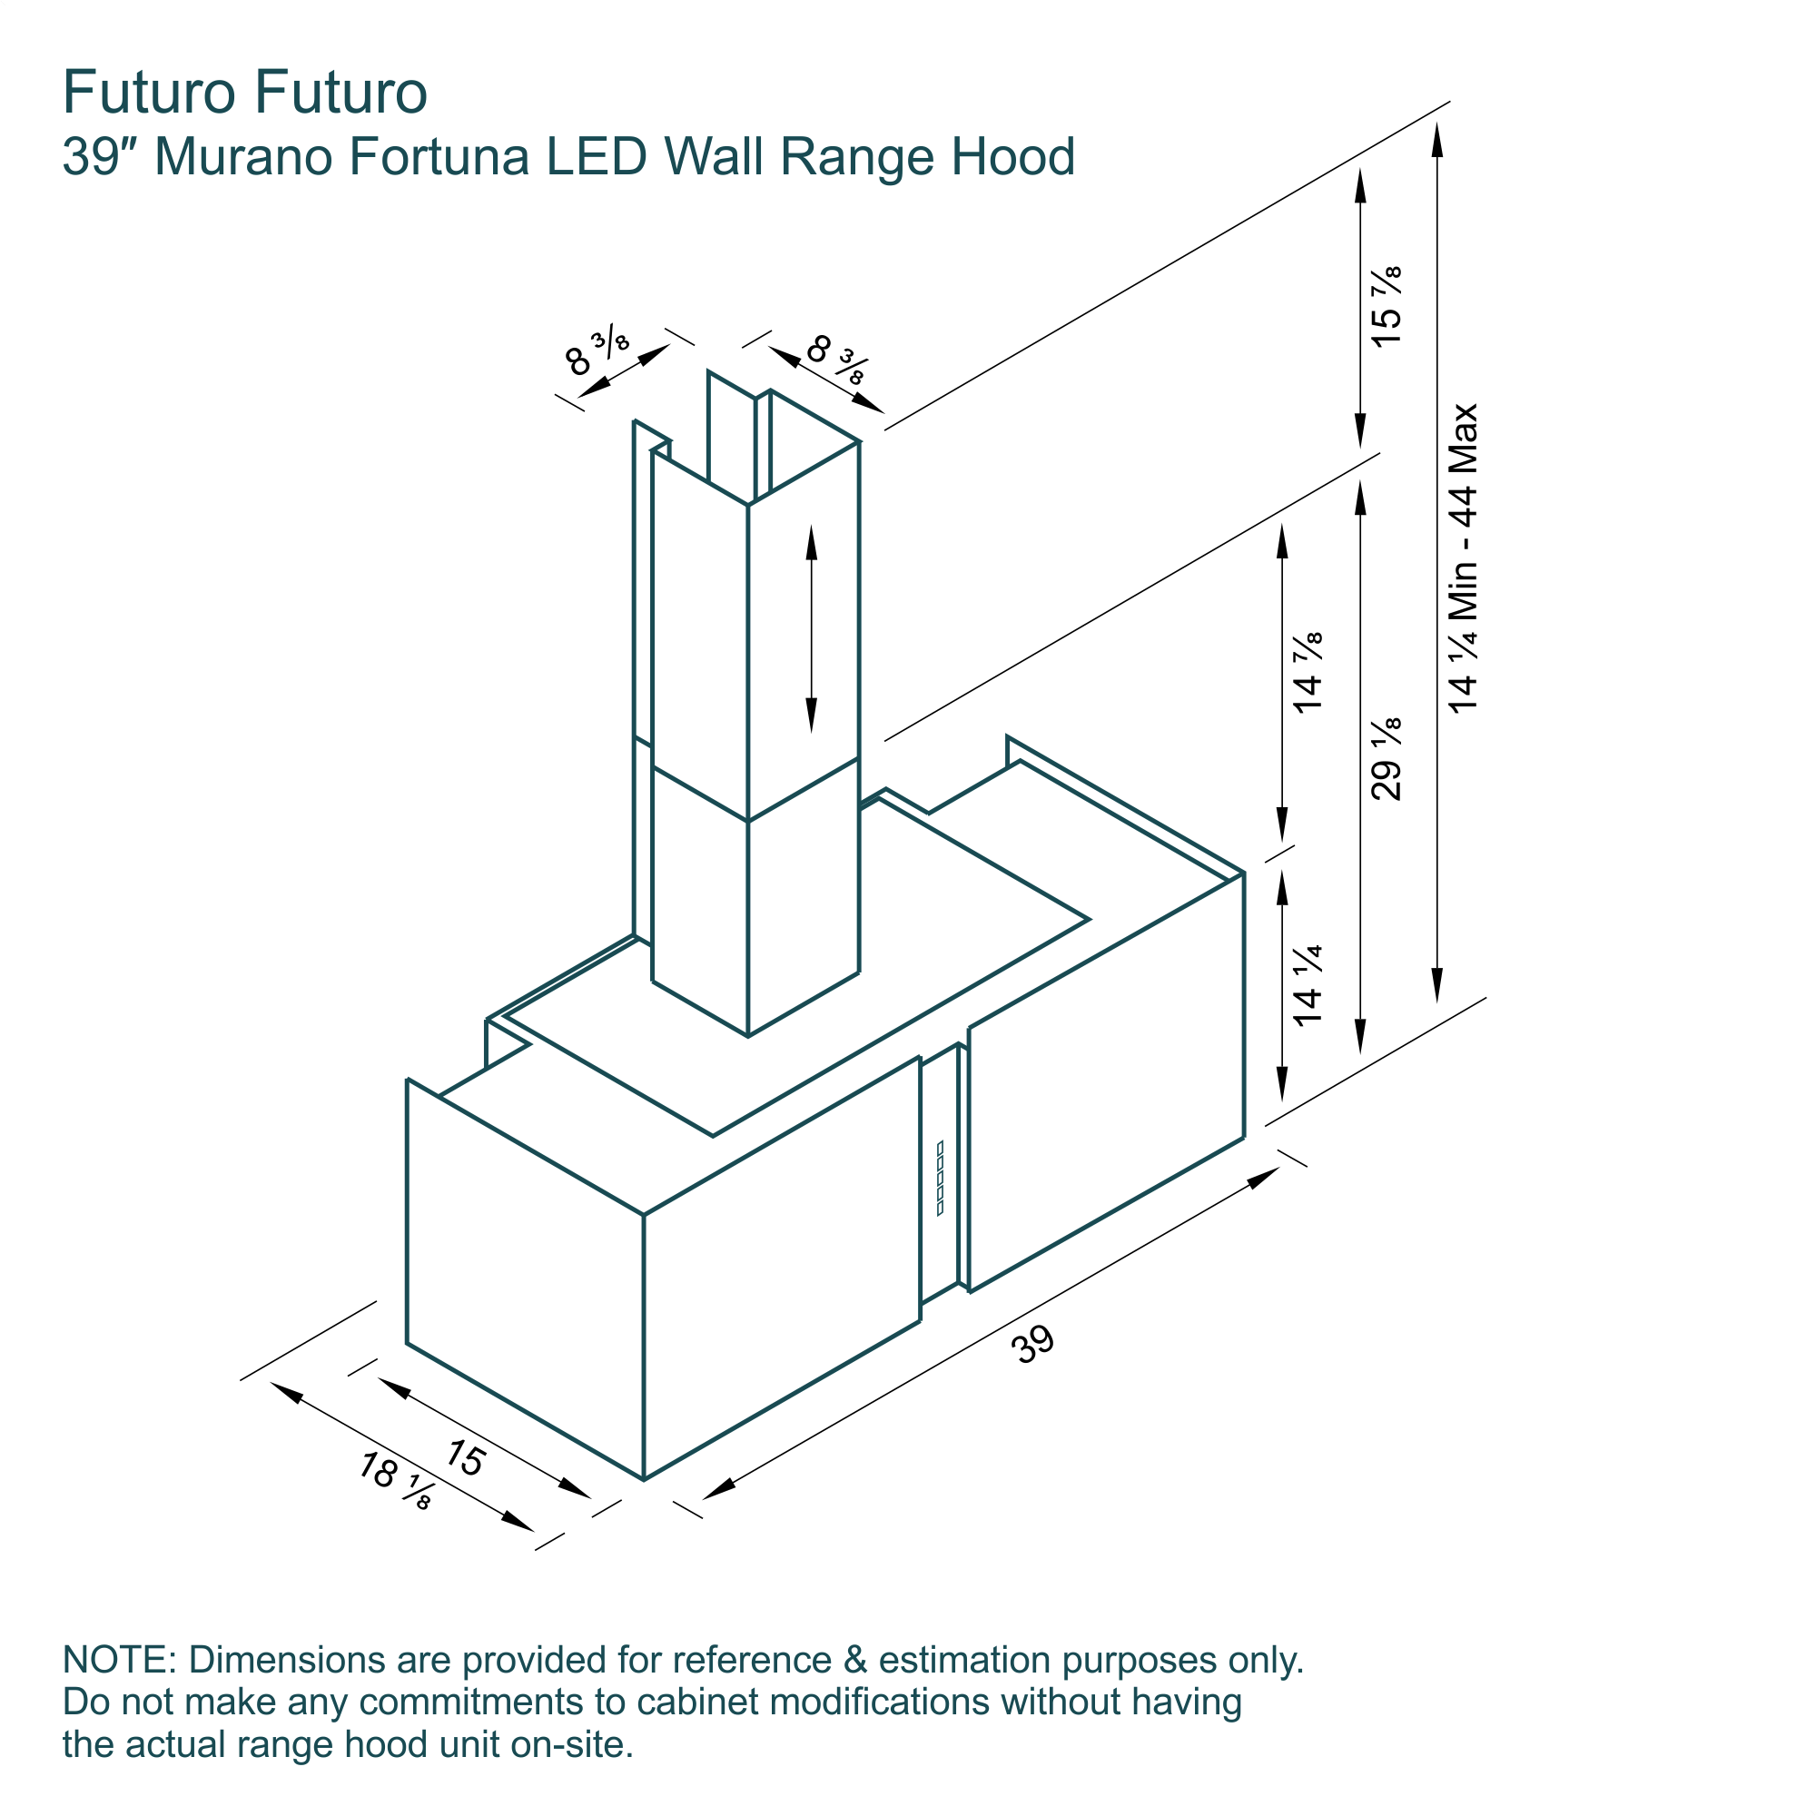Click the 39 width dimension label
click(1033, 1345)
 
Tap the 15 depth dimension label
click(464, 1458)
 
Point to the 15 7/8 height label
click(1387, 306)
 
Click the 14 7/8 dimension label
click(1308, 672)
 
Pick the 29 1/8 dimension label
click(1387, 758)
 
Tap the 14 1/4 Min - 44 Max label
click(1464, 558)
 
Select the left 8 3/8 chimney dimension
click(597, 350)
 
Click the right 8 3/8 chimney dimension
click(836, 358)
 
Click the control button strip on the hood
click(940, 1178)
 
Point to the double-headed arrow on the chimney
click(811, 629)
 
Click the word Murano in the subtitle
click(243, 156)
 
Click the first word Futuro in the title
click(149, 92)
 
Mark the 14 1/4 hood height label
click(1308, 984)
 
